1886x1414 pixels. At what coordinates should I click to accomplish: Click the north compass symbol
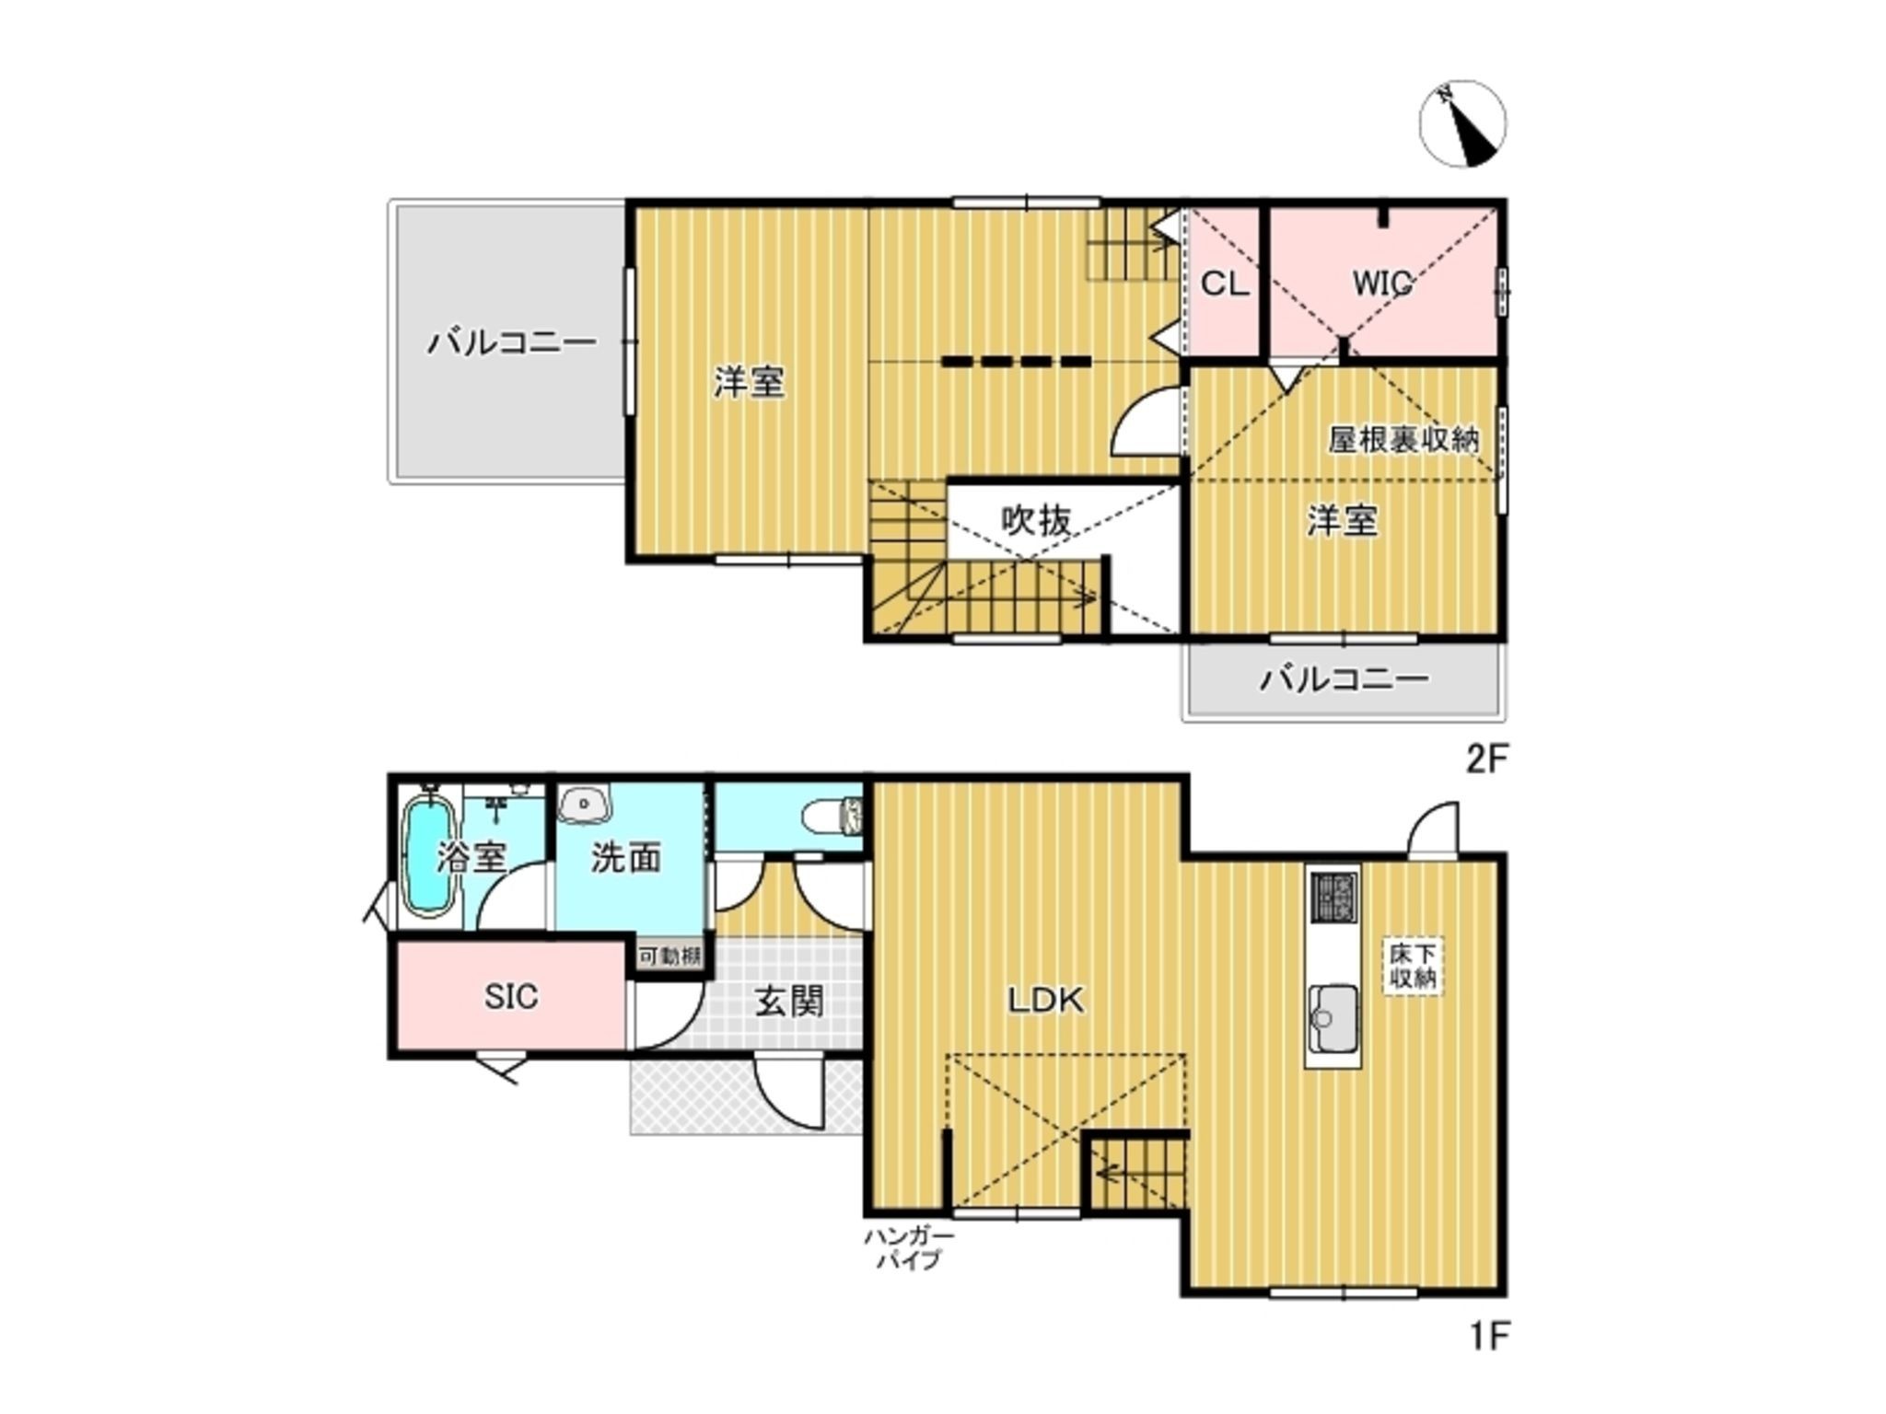click(1462, 123)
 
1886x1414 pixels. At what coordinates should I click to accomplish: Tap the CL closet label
click(1225, 284)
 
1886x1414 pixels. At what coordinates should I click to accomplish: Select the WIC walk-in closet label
click(1382, 284)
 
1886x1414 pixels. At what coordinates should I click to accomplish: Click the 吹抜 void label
click(1036, 521)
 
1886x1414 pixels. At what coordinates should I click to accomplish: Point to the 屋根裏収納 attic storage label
click(1403, 440)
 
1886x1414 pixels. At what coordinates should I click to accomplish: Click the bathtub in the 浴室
click(429, 858)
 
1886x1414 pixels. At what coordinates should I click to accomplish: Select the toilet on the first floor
click(832, 815)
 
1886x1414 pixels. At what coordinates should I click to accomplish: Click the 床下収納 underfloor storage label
click(1413, 965)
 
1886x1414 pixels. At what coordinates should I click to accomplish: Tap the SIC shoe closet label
click(511, 996)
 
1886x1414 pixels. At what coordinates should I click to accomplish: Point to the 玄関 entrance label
click(789, 1001)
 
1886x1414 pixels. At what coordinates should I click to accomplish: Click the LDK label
click(1046, 1000)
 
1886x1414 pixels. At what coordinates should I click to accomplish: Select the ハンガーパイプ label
click(908, 1249)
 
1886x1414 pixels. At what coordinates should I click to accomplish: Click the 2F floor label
click(1486, 760)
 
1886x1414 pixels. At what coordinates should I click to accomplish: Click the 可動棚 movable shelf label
click(670, 956)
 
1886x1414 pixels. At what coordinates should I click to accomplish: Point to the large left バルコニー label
click(512, 342)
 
